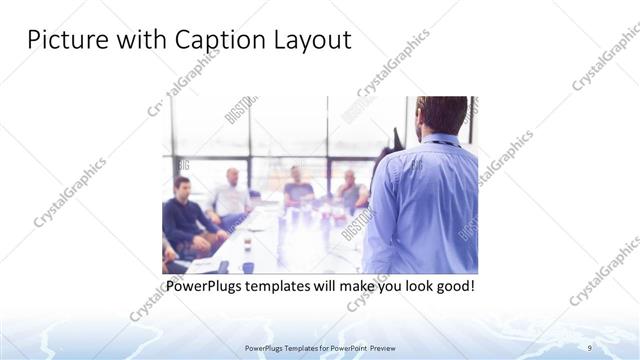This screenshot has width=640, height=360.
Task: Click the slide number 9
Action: (x=590, y=346)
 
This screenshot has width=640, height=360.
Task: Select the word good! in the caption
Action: (x=452, y=287)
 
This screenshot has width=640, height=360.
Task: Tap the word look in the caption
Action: (x=409, y=287)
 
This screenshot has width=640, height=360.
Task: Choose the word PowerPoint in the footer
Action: (x=339, y=347)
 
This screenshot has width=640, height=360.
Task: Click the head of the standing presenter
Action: (x=440, y=115)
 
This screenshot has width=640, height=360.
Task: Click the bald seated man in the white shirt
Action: (x=231, y=195)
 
